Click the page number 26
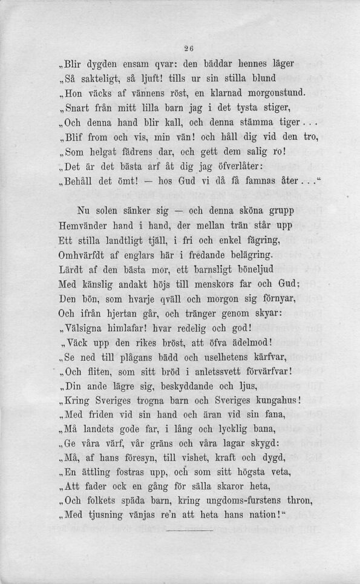point(180,50)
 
